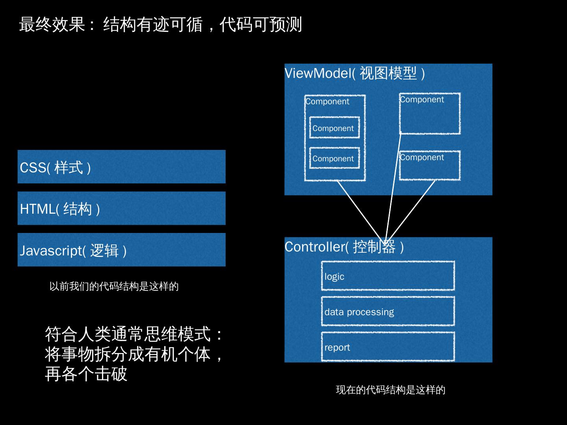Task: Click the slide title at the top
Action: [x=160, y=24]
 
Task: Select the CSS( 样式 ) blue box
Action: [x=121, y=167]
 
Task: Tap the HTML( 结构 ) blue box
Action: [x=121, y=208]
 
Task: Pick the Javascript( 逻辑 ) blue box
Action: [x=121, y=250]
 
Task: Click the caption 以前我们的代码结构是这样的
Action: [x=114, y=286]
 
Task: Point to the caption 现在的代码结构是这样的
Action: [x=390, y=390]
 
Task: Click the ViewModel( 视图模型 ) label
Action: [x=355, y=73]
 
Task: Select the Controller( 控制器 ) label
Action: [x=344, y=247]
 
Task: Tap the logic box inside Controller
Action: [x=388, y=276]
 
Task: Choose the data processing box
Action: [x=388, y=311]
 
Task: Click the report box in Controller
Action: [x=388, y=347]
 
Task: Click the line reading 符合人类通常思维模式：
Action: [x=134, y=334]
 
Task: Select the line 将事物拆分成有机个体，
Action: [x=134, y=354]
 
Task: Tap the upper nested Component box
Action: [x=334, y=128]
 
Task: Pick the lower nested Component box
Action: [x=334, y=158]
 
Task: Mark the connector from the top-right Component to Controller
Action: [x=393, y=185]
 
